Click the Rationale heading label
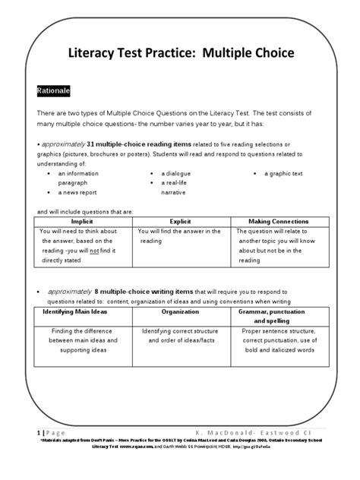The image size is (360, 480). tap(54, 90)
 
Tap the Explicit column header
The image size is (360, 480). tap(179, 219)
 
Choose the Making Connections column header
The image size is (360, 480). tap(276, 219)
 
